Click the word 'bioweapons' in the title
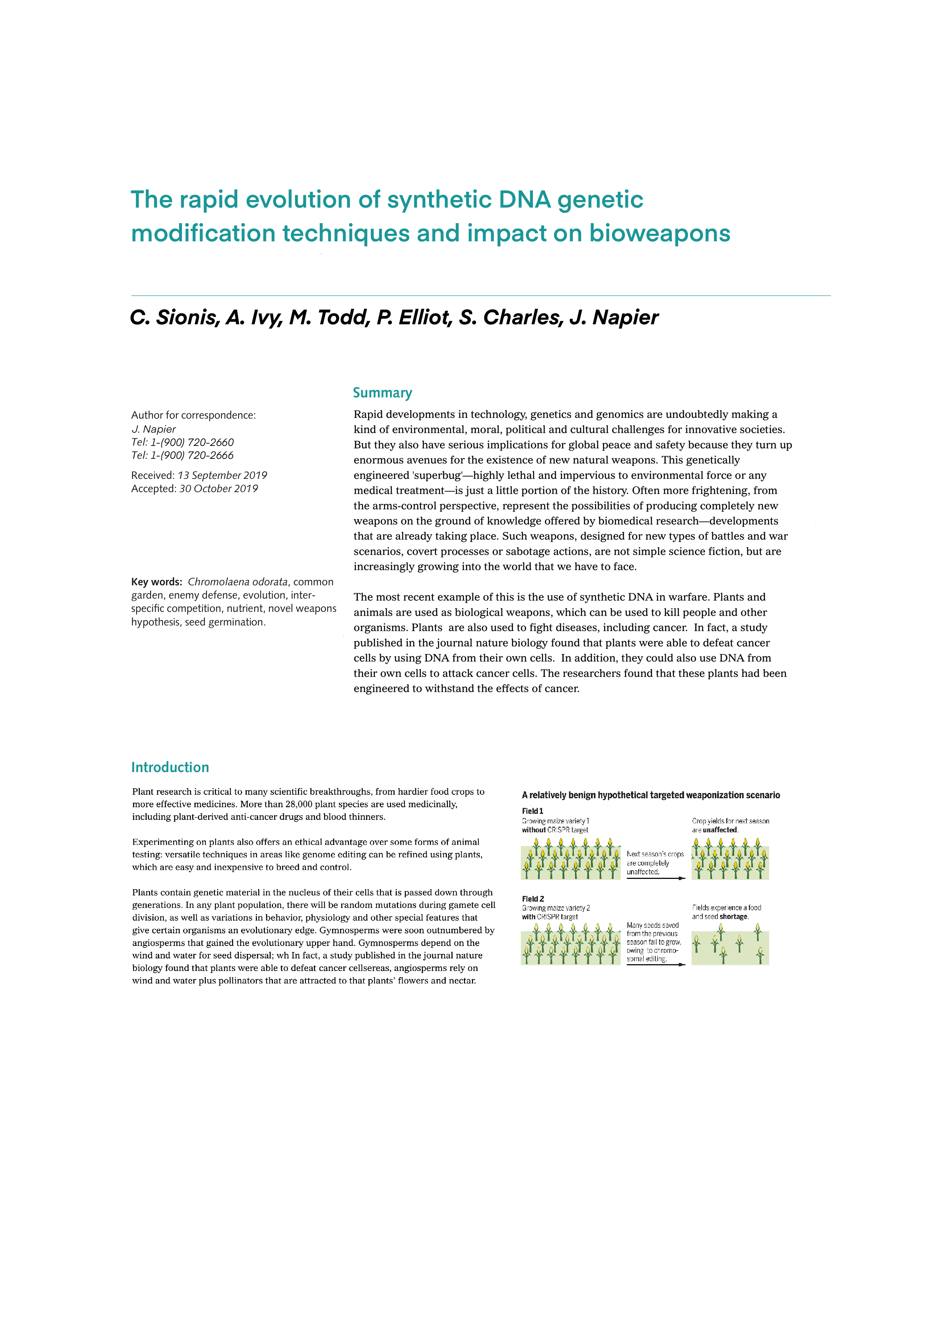pos(659,233)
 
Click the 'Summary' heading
pos(382,393)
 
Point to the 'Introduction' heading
pos(170,768)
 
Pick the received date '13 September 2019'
pos(222,475)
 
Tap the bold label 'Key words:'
pos(157,582)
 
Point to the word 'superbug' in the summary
pos(438,475)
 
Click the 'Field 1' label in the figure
pos(532,811)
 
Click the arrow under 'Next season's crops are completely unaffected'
pos(656,878)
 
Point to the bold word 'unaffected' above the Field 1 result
pos(720,830)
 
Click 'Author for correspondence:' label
pos(193,415)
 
